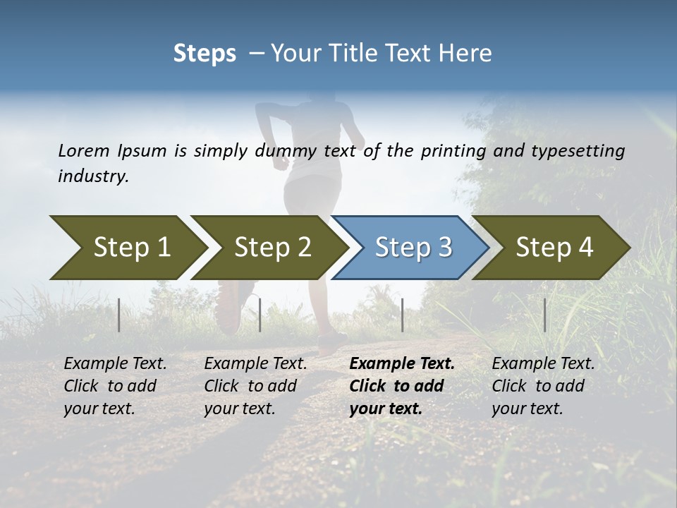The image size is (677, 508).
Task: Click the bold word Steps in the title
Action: click(205, 54)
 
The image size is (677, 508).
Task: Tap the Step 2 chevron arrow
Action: click(268, 248)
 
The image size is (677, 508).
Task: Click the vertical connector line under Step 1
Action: click(118, 315)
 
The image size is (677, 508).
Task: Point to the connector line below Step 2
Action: click(260, 315)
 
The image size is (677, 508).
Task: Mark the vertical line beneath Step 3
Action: click(402, 315)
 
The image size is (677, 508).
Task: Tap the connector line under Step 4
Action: click(544, 315)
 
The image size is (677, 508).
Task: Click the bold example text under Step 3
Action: click(402, 386)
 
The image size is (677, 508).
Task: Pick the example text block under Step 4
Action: click(543, 386)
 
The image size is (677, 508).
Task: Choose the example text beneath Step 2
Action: click(255, 386)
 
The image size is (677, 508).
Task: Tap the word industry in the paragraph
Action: click(92, 176)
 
